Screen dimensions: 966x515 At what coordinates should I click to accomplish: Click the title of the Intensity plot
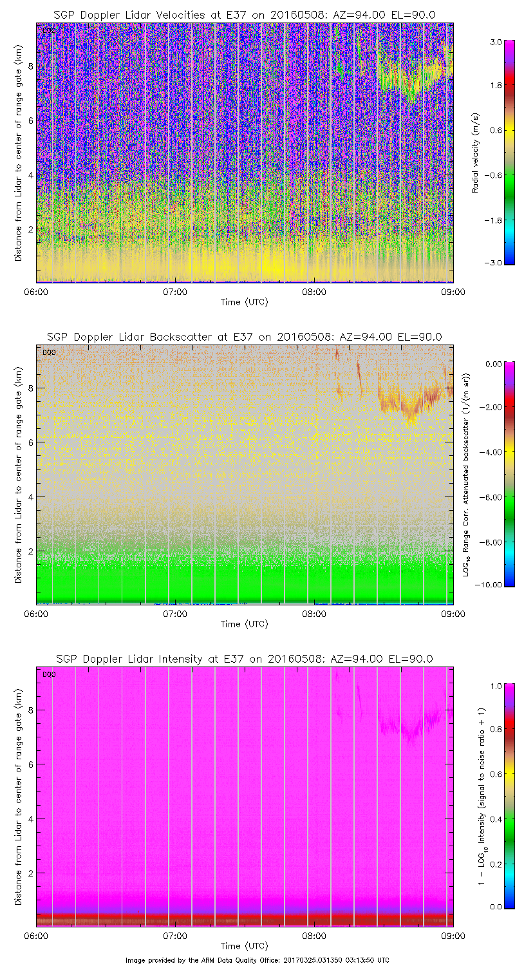coord(244,659)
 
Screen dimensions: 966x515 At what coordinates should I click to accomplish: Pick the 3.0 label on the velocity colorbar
coord(495,42)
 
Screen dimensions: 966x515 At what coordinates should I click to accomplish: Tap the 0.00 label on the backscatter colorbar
coord(494,364)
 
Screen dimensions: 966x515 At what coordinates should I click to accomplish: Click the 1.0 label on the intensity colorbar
coord(495,687)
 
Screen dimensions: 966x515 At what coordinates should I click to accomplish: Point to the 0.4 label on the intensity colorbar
coord(495,819)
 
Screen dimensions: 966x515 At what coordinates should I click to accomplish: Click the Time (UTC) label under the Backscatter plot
coord(244,624)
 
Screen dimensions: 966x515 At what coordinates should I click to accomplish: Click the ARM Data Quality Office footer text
coord(257,960)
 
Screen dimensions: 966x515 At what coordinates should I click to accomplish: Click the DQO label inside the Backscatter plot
coord(48,352)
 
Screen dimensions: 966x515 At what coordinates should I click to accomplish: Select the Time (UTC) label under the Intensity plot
coord(244,946)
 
